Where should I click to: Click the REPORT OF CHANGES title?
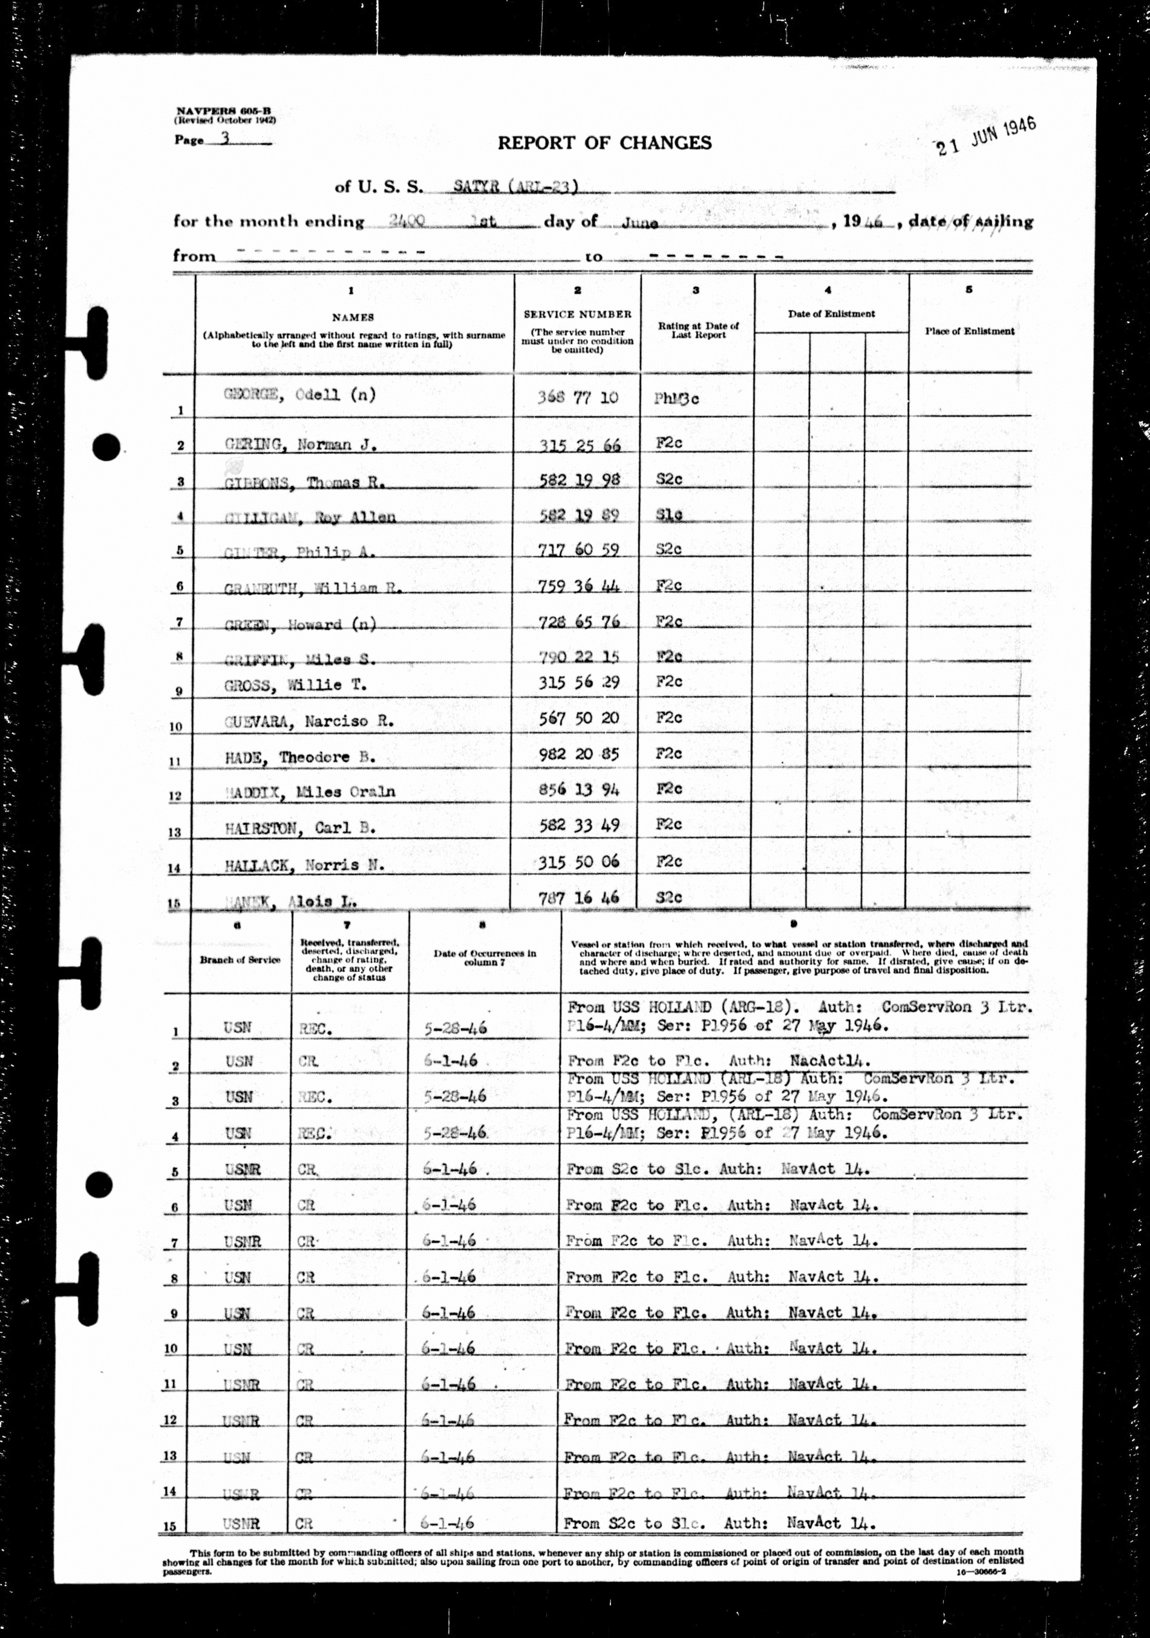[x=604, y=143]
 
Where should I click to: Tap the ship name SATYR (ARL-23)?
[x=515, y=187]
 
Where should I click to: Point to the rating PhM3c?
[x=676, y=398]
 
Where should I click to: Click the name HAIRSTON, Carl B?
[x=299, y=828]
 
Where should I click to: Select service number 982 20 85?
[x=578, y=753]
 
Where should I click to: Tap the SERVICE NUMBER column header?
[x=577, y=314]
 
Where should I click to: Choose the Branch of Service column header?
[x=240, y=960]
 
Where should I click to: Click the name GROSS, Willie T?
[x=295, y=686]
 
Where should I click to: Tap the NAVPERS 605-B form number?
[x=223, y=111]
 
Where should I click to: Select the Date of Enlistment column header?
[x=831, y=314]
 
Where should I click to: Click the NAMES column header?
[x=353, y=316]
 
